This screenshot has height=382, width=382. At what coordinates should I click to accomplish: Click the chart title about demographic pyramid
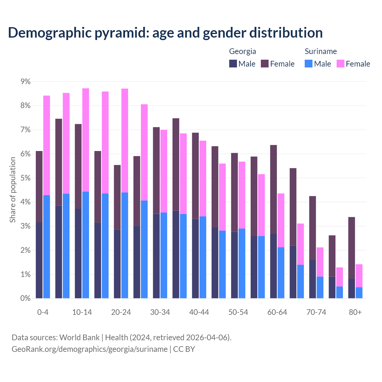pyautogui.click(x=165, y=33)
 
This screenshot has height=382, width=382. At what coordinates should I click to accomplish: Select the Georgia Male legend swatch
pyautogui.click(x=233, y=64)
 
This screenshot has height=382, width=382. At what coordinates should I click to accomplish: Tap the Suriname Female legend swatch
pyautogui.click(x=341, y=64)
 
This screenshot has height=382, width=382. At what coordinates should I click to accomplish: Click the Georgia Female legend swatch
pyautogui.click(x=265, y=64)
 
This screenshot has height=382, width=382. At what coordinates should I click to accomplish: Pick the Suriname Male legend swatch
pyautogui.click(x=309, y=64)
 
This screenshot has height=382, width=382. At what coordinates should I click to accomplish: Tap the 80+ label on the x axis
pyautogui.click(x=355, y=312)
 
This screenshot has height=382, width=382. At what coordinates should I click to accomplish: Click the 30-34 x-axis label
pyautogui.click(x=160, y=312)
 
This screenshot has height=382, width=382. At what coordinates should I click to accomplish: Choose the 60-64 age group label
pyautogui.click(x=277, y=312)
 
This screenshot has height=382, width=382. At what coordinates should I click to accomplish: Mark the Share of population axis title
pyautogui.click(x=13, y=190)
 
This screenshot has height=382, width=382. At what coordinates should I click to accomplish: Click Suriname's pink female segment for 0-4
pyautogui.click(x=47, y=145)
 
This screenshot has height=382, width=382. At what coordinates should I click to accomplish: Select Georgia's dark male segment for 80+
pyautogui.click(x=352, y=288)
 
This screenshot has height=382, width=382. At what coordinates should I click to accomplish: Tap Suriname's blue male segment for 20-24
pyautogui.click(x=125, y=245)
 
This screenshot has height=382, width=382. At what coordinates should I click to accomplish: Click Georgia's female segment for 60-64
pyautogui.click(x=273, y=189)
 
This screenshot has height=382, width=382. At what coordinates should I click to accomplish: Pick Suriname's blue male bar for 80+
pyautogui.click(x=359, y=292)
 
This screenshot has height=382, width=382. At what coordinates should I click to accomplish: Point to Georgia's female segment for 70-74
pyautogui.click(x=312, y=228)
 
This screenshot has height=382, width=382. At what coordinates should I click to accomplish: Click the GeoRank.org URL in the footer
pyautogui.click(x=90, y=349)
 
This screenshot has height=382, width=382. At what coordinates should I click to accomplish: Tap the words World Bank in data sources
pyautogui.click(x=79, y=338)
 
